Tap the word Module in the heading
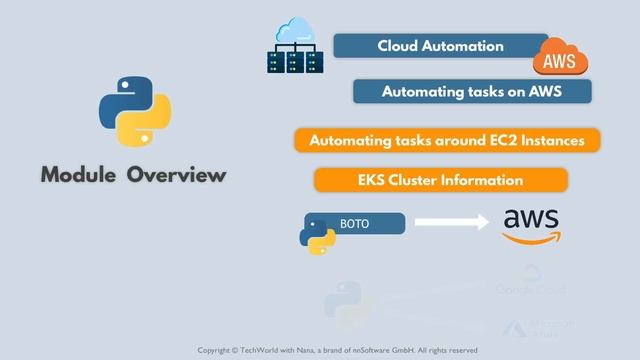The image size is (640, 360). click(80, 175)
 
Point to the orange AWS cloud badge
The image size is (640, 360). click(560, 59)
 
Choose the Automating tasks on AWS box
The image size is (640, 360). click(472, 91)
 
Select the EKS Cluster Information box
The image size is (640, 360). click(440, 180)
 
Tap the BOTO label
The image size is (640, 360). click(355, 224)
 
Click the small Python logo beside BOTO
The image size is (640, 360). click(317, 231)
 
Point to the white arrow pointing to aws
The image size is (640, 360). click(450, 224)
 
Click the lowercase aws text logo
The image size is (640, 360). click(531, 219)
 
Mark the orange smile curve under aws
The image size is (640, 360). click(533, 238)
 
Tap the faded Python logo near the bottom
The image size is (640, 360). click(347, 301)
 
